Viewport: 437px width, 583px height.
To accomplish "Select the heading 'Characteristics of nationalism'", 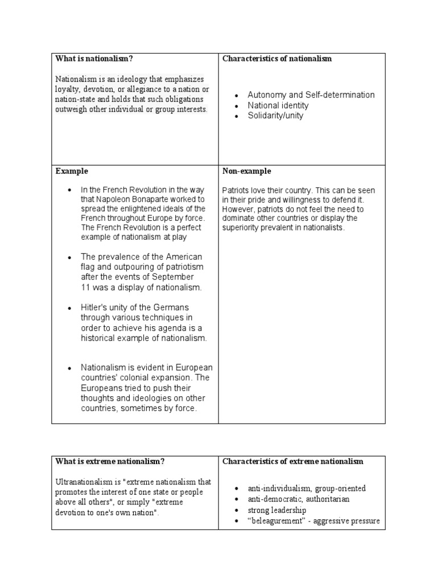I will (277, 59).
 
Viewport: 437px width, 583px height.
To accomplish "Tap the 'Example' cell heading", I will (72, 171).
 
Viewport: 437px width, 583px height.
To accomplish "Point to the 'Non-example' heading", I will (246, 171).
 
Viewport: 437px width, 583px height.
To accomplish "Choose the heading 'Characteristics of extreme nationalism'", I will (292, 461).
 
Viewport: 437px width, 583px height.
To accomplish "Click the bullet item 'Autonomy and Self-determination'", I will (311, 95).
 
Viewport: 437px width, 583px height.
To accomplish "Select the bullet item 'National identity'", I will (278, 105).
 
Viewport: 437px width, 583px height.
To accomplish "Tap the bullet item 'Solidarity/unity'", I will (275, 116).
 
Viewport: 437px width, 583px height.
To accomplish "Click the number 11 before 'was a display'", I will (85, 288).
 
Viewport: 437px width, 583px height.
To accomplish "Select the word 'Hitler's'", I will (95, 307).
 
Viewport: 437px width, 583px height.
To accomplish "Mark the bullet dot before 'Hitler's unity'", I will (69, 308).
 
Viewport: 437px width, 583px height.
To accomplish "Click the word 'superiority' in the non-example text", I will (241, 228).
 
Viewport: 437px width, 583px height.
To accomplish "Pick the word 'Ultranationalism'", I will (81, 482).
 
